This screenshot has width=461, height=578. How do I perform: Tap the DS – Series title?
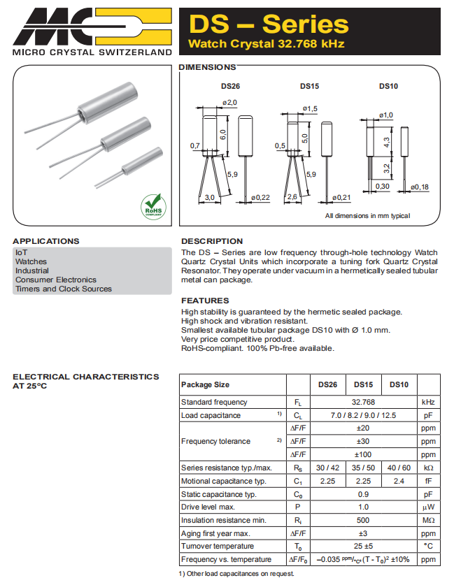coord(269,24)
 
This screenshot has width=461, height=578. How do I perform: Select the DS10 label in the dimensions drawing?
coord(388,86)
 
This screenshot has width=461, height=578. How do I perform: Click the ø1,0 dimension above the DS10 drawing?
coord(385,115)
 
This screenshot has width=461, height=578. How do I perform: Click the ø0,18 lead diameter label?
coord(419,187)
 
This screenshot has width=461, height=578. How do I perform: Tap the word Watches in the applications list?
coord(31,261)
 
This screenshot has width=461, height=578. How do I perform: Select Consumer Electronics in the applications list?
coord(55,280)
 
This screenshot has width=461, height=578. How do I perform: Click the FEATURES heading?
coord(205,301)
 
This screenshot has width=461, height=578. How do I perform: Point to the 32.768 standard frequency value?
coord(364,402)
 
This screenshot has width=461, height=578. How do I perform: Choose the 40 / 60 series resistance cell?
coord(399,468)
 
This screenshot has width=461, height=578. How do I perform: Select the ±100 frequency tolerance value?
coord(363,454)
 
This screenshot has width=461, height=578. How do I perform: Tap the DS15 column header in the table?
coord(363,384)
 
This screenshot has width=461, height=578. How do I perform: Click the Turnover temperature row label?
coord(217,547)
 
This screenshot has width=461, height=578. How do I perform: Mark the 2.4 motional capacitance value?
coord(399,481)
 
